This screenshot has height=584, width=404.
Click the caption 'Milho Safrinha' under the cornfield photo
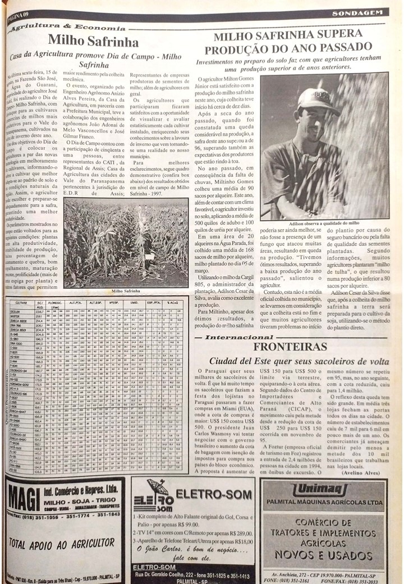(x=126, y=291)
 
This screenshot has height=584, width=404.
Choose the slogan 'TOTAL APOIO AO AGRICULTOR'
(x=62, y=542)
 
